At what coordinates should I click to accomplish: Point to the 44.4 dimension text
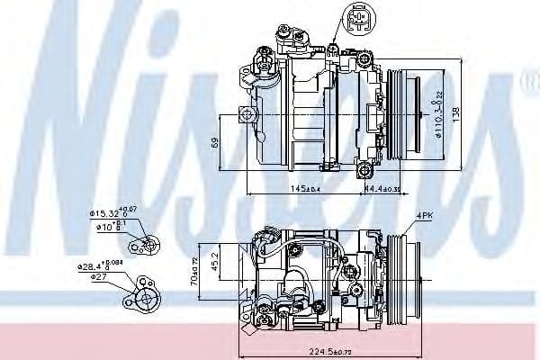383,190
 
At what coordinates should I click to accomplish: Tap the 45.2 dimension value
214,263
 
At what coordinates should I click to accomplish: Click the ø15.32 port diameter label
111,212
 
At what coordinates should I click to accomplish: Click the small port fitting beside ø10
148,244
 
